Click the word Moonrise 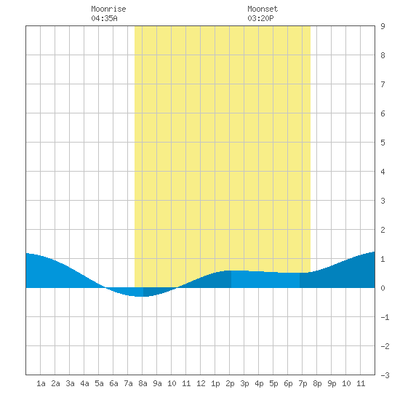(x=108, y=9)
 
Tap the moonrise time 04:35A (x=104, y=18)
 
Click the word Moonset (x=263, y=9)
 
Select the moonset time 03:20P (x=260, y=18)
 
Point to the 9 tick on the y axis (x=383, y=26)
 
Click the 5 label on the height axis (x=383, y=143)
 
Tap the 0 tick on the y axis (x=383, y=288)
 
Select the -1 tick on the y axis (x=385, y=317)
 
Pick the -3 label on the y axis (x=385, y=375)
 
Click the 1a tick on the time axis (x=41, y=383)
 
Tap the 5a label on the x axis (x=99, y=383)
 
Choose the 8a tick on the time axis (x=143, y=383)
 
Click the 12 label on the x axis (x=201, y=383)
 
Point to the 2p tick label (x=230, y=383)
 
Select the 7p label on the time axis (x=303, y=383)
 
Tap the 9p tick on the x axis (x=332, y=383)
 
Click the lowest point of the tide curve (x=140, y=297)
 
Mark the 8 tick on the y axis (x=383, y=55)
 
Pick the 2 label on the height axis (x=383, y=230)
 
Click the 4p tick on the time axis (x=259, y=383)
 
